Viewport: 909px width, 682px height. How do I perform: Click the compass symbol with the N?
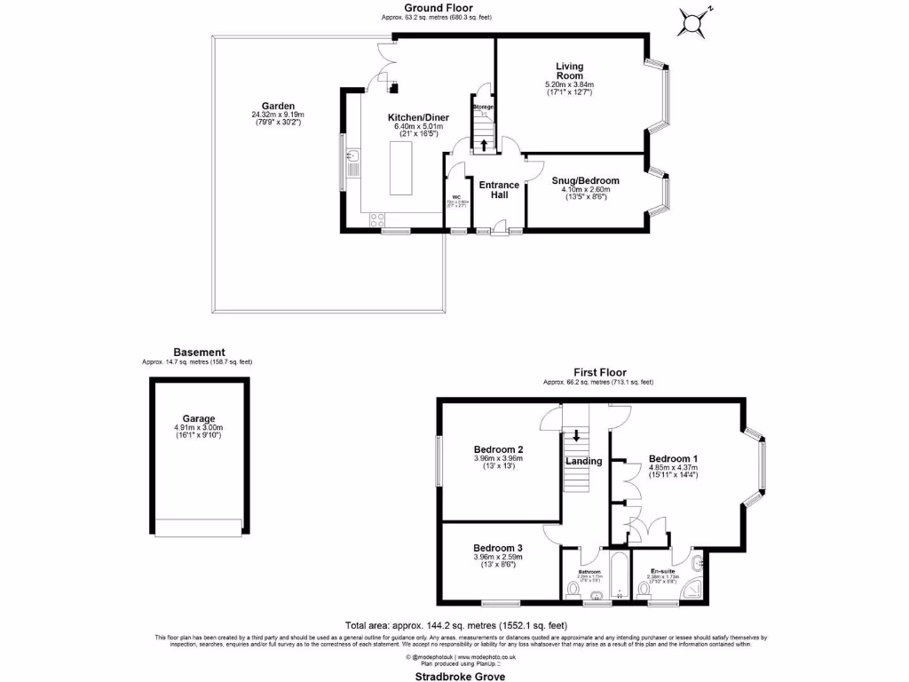[695, 21]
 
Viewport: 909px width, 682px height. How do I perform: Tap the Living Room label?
[568, 71]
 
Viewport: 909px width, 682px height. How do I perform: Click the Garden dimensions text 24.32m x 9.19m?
[277, 115]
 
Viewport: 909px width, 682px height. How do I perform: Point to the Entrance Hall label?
[499, 190]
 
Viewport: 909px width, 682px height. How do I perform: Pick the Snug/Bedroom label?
[585, 181]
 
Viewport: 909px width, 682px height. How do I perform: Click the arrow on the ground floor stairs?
[483, 145]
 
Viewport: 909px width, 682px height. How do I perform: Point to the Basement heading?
[199, 352]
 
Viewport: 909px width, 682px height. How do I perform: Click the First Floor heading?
[598, 372]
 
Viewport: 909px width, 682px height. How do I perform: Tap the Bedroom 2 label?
[497, 449]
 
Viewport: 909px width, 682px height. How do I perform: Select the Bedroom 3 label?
[497, 548]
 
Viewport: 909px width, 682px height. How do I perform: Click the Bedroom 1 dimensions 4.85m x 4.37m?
[673, 467]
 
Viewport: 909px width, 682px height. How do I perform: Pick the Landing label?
[585, 461]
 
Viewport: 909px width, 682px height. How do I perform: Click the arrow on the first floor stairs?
[577, 435]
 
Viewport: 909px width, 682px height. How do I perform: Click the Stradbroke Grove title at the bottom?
[454, 676]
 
